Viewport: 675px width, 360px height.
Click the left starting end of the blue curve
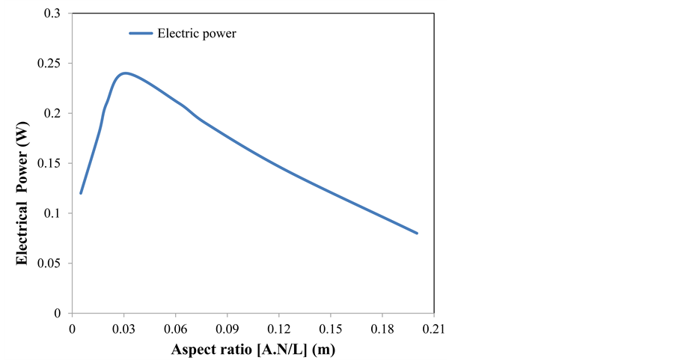point(81,193)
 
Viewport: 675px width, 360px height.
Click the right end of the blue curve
point(417,233)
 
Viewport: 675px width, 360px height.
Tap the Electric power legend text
point(197,33)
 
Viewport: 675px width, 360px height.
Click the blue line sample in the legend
point(140,33)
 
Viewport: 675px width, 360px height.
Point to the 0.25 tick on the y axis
point(50,63)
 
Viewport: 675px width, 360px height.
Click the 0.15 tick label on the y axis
point(50,163)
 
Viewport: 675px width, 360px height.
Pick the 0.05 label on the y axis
point(50,263)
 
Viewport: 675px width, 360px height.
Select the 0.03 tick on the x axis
point(123,329)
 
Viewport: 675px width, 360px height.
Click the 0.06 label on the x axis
point(175,329)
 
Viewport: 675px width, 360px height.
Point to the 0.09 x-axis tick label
point(227,329)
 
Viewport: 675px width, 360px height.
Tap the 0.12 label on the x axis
point(278,329)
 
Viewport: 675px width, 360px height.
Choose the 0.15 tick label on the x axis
point(330,329)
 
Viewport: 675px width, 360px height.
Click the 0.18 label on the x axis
point(382,329)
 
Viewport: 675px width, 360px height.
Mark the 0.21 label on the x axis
point(433,329)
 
